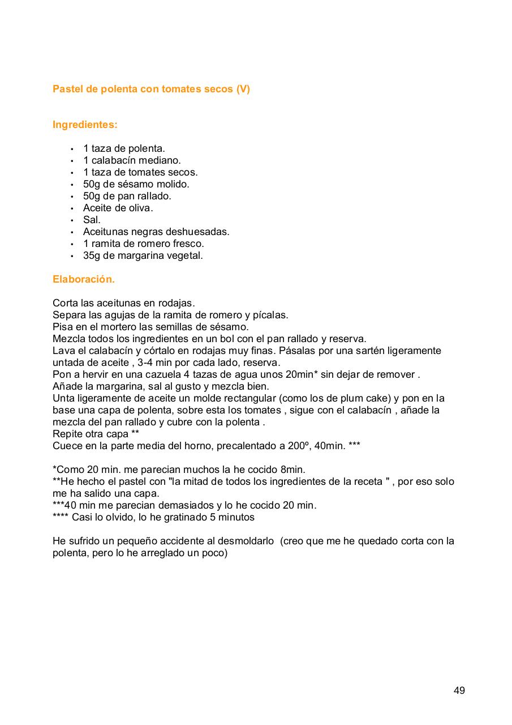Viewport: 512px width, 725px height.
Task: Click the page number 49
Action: click(x=459, y=690)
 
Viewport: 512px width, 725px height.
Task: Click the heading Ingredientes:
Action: click(x=85, y=125)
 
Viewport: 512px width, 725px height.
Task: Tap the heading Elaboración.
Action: click(x=84, y=279)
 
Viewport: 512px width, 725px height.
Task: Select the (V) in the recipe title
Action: click(x=243, y=89)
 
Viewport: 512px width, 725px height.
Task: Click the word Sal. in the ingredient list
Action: click(x=92, y=220)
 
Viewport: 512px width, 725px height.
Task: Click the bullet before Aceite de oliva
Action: click(x=72, y=208)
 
